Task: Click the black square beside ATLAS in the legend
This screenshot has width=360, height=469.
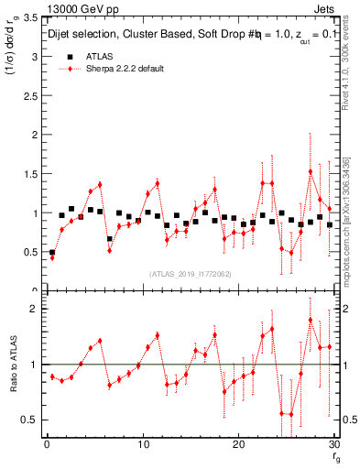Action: click(x=68, y=56)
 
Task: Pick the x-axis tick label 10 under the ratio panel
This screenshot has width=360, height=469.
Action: click(x=142, y=444)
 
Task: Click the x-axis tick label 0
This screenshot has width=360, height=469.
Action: click(x=47, y=444)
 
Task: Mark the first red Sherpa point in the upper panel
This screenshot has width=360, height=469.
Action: click(x=52, y=257)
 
